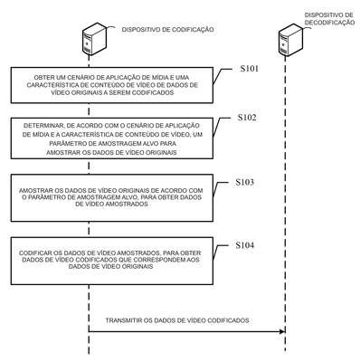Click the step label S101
coord(249,69)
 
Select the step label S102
coord(247,118)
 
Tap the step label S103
coord(244,182)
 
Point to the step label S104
coord(244,245)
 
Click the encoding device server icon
coord(94,40)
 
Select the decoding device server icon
coord(290,40)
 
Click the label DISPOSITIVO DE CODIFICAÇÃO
coord(168,30)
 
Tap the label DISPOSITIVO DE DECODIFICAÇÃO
coord(329,19)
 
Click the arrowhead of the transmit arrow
coord(282,331)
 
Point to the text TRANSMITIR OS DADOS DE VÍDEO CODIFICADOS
coord(177,320)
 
